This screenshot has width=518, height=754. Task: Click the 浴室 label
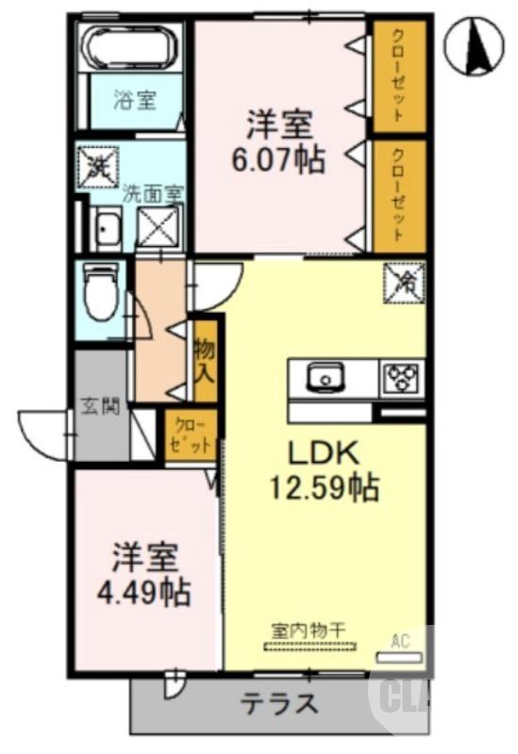pyautogui.click(x=135, y=100)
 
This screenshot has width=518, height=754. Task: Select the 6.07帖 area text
pyautogui.click(x=278, y=158)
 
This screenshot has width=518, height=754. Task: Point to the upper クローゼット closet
pyautogui.click(x=397, y=76)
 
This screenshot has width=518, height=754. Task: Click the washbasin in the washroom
pyautogui.click(x=106, y=229)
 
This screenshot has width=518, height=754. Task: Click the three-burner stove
pyautogui.click(x=402, y=379)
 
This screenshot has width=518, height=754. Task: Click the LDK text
pyautogui.click(x=324, y=452)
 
